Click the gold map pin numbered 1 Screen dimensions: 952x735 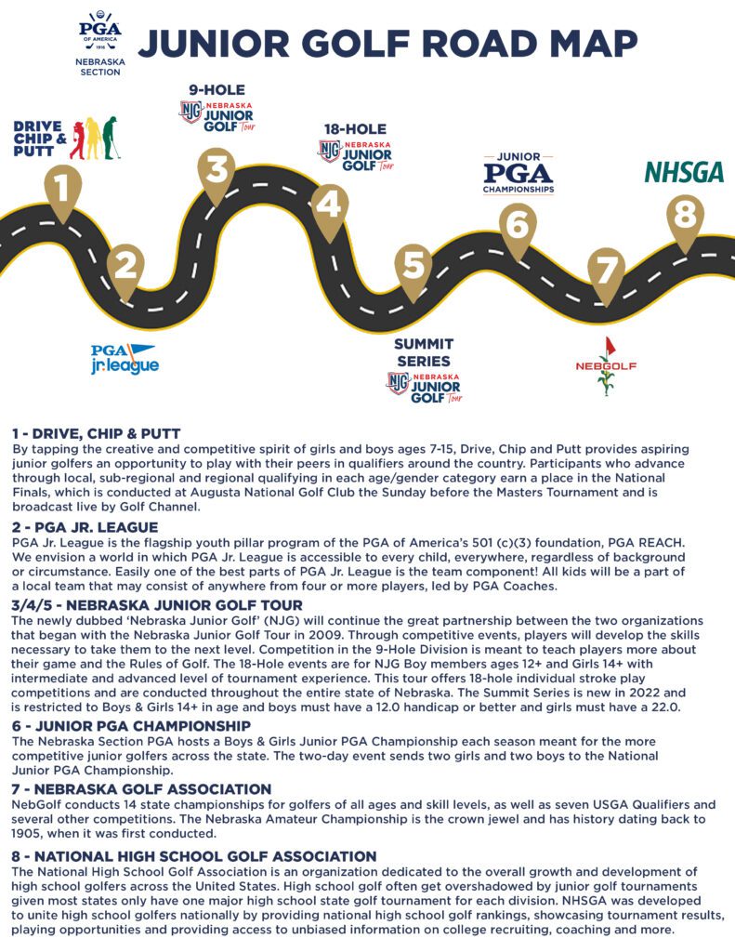(x=61, y=191)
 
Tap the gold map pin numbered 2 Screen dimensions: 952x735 (x=126, y=267)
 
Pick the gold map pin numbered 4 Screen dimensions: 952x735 (x=329, y=205)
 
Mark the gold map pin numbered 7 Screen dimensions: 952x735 (x=606, y=272)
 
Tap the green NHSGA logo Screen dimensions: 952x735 (x=684, y=173)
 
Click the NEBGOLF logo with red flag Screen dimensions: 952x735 (x=607, y=365)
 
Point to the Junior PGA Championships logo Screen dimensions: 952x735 (x=518, y=174)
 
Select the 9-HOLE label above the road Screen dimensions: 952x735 (x=217, y=90)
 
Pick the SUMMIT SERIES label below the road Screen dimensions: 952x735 (x=423, y=352)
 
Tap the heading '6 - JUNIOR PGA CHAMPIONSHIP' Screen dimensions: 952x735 (x=131, y=726)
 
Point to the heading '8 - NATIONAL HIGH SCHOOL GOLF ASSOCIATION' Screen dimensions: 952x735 (x=193, y=855)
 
